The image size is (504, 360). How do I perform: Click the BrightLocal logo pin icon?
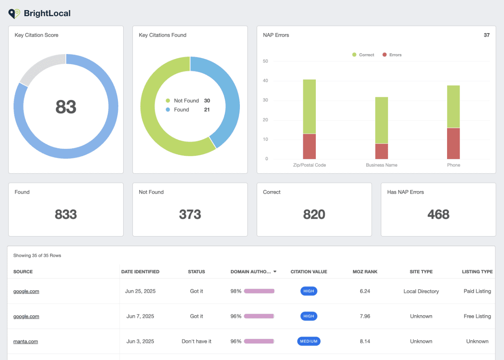[x=14, y=13]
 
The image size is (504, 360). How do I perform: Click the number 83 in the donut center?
[x=66, y=107]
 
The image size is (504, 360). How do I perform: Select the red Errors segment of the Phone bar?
[x=453, y=143]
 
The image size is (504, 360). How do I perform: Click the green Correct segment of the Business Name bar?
[x=381, y=120]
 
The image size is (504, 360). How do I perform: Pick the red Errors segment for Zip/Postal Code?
[x=309, y=146]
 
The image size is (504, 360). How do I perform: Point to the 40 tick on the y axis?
[x=265, y=81]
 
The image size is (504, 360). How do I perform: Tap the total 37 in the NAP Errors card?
[x=487, y=35]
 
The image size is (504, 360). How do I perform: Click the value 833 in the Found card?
[x=66, y=214]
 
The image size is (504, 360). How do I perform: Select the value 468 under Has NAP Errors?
[x=438, y=214]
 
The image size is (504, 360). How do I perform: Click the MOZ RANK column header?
[x=365, y=272]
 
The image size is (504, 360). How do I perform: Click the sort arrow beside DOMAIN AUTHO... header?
[x=275, y=272]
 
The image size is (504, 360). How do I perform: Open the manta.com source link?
[x=25, y=341]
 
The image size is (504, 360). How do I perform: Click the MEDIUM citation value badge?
[x=309, y=341]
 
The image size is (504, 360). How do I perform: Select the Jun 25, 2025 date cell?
[x=140, y=291]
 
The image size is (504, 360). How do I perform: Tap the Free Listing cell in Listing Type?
[x=477, y=316]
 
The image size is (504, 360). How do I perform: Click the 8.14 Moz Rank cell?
[x=365, y=341]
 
